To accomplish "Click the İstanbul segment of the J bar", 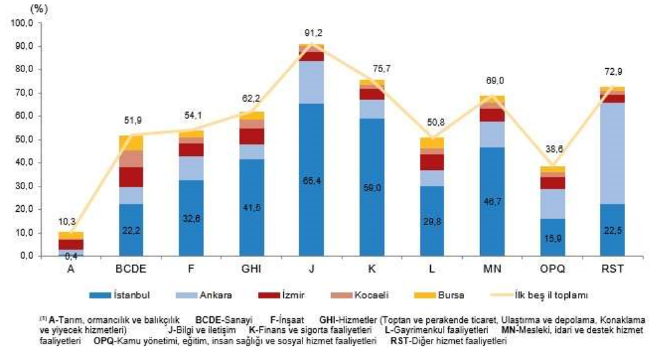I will (312, 179).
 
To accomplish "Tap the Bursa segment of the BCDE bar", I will (131, 143).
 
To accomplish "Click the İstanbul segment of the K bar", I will (372, 187).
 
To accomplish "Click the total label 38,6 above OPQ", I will (552, 154).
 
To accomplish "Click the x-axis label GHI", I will (252, 268).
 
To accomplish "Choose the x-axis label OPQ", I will (552, 268).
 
